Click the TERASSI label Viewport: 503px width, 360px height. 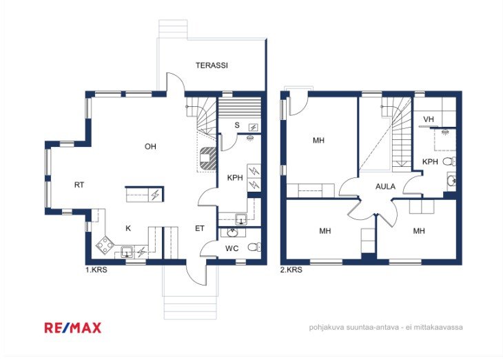point(212,66)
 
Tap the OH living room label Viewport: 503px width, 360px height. point(150,147)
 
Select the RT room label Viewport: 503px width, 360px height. point(79,185)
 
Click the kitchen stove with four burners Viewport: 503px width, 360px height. point(105,246)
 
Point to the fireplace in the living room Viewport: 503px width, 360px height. point(207,158)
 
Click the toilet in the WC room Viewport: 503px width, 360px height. point(254,247)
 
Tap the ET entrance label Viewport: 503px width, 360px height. point(200,228)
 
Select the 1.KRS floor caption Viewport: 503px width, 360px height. point(96,270)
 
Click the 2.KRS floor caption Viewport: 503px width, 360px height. point(291,270)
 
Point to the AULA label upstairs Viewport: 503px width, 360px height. point(385,187)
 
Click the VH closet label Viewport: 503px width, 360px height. point(429,119)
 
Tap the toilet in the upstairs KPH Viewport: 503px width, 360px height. point(449,161)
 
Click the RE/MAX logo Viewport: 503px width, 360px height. point(73,328)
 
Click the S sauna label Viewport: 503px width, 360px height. point(237,125)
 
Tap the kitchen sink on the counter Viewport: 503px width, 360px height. point(127,252)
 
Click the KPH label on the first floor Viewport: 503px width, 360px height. point(235,178)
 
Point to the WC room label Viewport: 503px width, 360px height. point(232,248)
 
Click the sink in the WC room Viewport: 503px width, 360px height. point(231,232)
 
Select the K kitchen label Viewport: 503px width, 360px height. point(128,228)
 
